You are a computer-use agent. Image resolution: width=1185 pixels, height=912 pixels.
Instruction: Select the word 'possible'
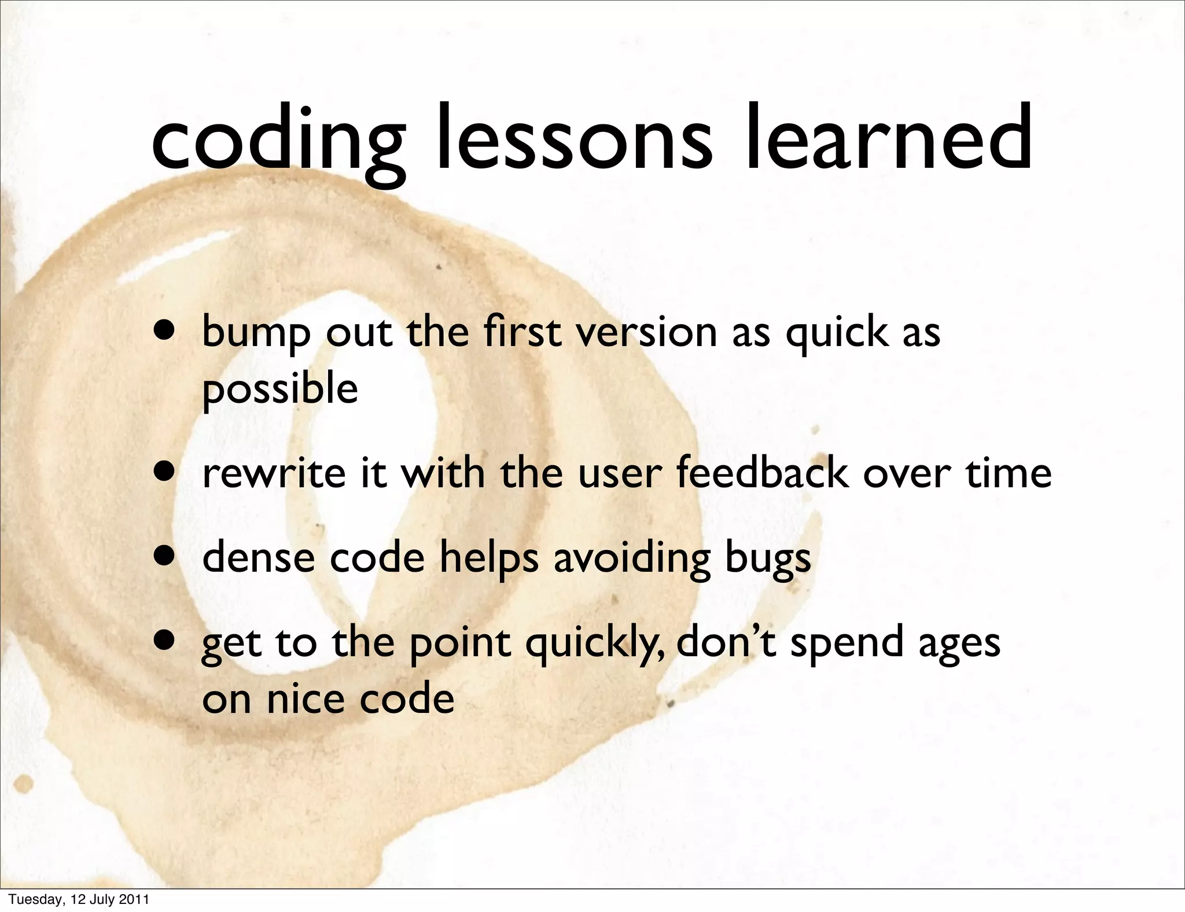(x=279, y=389)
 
